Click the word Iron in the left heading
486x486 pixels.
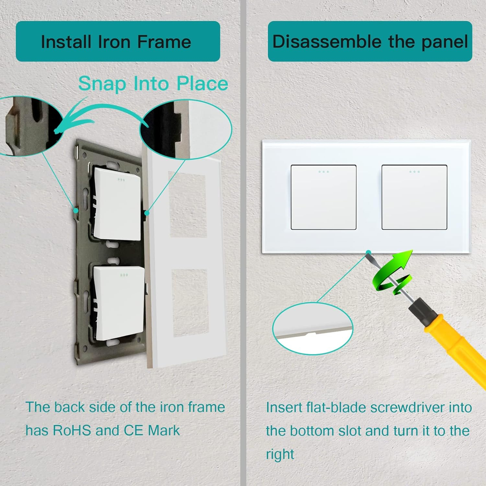coord(114,42)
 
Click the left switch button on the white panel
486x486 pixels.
coord(323,197)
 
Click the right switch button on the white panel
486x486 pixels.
coord(414,197)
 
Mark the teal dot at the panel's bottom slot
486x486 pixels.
coord(368,252)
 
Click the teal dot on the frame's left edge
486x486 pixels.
coord(75,210)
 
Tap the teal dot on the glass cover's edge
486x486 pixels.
coord(147,213)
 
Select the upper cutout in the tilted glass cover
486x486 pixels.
coord(188,204)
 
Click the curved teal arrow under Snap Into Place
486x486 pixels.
coord(97,112)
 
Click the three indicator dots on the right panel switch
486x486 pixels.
coord(414,172)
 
